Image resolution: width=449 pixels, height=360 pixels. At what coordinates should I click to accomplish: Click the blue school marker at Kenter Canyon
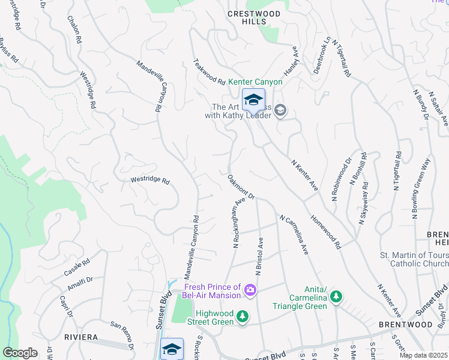(x=253, y=99)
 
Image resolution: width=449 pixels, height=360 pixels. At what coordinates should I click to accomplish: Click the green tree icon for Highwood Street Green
(x=242, y=316)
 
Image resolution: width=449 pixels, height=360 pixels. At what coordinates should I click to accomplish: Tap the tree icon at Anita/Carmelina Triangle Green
(x=337, y=296)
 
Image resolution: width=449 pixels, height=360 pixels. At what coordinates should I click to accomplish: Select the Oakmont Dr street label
(x=242, y=187)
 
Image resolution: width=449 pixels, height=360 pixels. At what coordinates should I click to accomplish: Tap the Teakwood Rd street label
(x=208, y=71)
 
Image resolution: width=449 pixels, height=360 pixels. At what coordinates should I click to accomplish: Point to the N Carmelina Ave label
(x=294, y=235)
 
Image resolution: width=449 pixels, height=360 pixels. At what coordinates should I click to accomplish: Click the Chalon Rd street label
(x=77, y=31)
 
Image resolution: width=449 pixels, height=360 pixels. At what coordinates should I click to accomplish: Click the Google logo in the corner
(x=20, y=353)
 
